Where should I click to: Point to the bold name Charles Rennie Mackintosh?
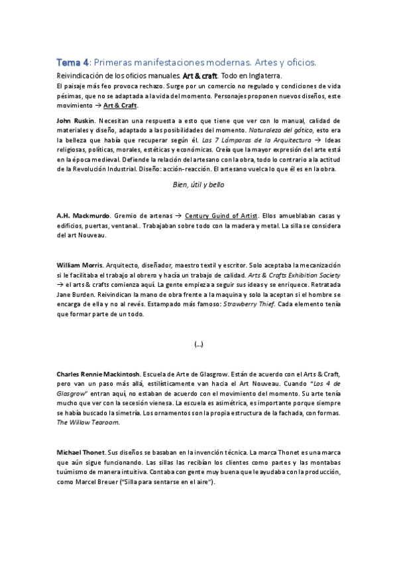click(x=97, y=374)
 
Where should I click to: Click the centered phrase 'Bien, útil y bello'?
click(x=198, y=185)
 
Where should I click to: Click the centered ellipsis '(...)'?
click(x=198, y=345)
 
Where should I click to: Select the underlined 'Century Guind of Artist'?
click(x=221, y=216)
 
